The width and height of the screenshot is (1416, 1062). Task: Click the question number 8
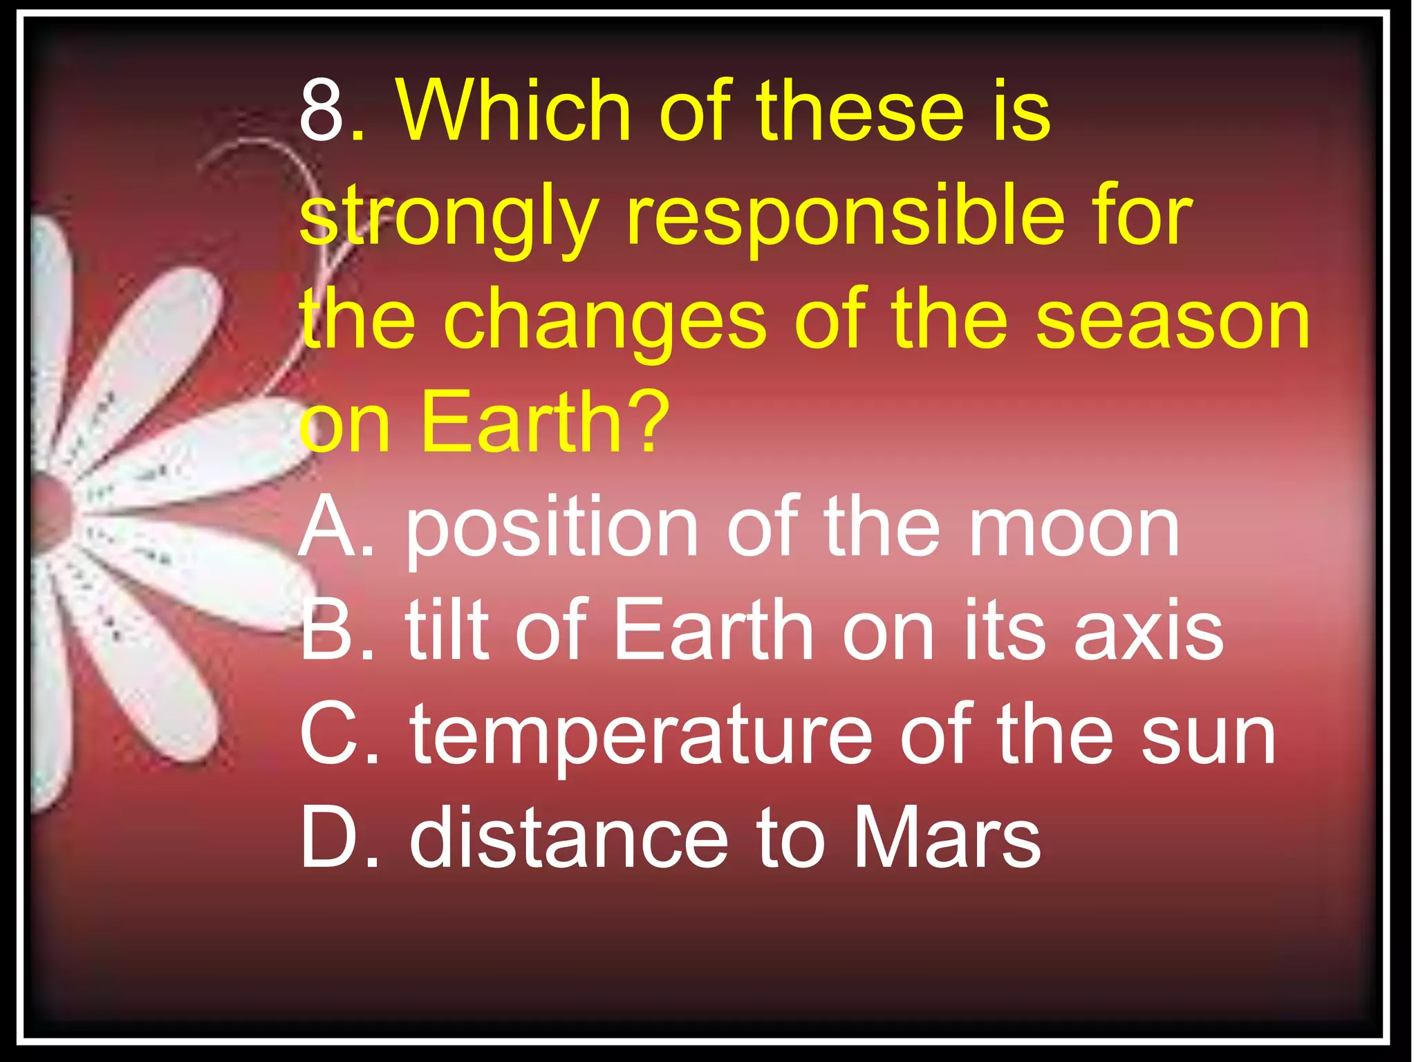[x=322, y=111]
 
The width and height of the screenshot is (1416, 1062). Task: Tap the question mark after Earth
[x=647, y=422]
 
